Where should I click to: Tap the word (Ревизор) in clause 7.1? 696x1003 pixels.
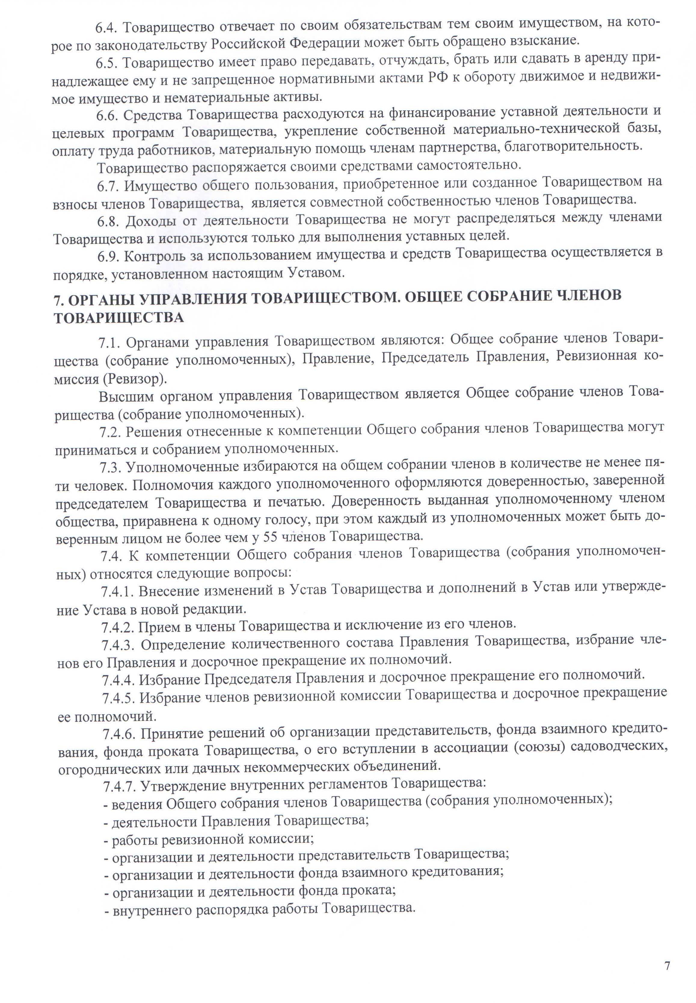point(135,379)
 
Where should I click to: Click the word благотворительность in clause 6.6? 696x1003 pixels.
point(573,146)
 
